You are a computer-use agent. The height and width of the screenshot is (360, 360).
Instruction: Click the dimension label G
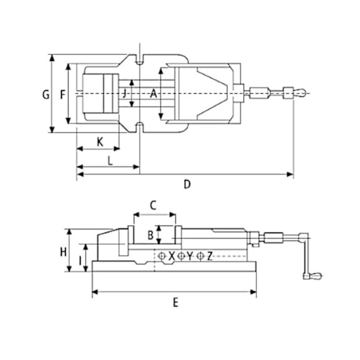click(45, 95)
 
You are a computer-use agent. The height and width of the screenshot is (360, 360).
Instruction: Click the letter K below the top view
click(99, 141)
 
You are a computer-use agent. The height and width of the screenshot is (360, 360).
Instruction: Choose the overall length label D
click(186, 185)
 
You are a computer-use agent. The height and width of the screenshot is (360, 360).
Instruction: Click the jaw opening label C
click(153, 205)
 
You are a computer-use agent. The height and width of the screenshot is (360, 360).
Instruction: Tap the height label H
click(63, 251)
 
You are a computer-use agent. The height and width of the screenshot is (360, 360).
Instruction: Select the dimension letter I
click(81, 257)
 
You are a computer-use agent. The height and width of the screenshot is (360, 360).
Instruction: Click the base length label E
click(175, 301)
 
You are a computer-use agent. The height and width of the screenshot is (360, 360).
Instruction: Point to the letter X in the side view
click(171, 256)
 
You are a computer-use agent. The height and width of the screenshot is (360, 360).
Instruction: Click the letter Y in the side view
click(190, 256)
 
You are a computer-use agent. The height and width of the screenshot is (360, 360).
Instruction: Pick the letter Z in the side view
click(209, 256)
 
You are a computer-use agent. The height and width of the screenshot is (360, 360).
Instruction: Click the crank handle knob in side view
click(313, 275)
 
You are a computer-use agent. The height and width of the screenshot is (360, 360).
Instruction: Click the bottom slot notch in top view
click(139, 127)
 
